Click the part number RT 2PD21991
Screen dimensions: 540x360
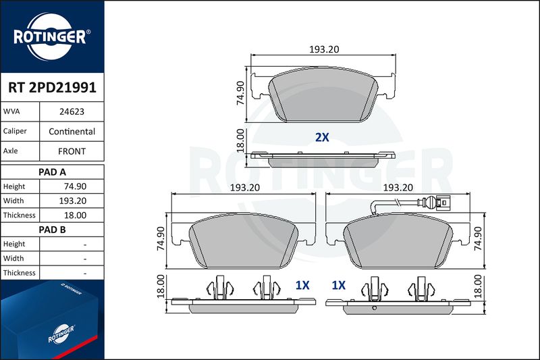pos(52,88)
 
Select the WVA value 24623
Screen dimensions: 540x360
pos(72,111)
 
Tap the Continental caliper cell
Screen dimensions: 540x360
pos(72,131)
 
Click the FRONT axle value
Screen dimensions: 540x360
pos(72,151)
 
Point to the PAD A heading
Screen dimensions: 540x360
pos(52,172)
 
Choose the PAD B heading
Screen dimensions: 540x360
pos(52,230)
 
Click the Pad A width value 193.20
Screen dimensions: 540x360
pos(73,201)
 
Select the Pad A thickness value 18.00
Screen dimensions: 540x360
pos(75,215)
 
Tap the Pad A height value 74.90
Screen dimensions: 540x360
pos(75,186)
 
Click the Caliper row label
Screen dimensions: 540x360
pos(15,131)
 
